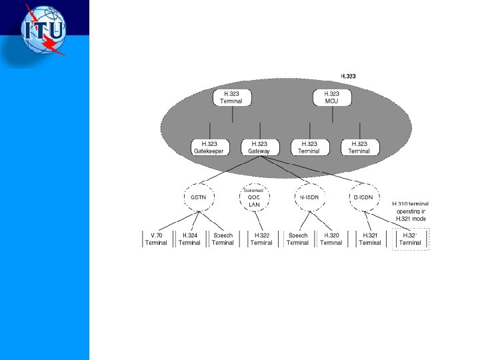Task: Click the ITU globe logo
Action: coord(45,31)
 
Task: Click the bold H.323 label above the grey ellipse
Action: coord(348,76)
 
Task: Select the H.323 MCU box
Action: coord(332,98)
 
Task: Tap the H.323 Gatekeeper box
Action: coord(210,147)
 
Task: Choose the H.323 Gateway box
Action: coord(259,147)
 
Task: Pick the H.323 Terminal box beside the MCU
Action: coord(232,98)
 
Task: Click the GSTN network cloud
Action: coord(199,197)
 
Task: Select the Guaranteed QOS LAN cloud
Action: coord(254,197)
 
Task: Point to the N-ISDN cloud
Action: coord(309,197)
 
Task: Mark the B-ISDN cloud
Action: coord(364,197)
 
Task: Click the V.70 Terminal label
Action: coord(156,239)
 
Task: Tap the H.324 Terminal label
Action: coord(189,239)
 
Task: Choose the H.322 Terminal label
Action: coord(261,239)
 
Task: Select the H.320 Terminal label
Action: coord(331,239)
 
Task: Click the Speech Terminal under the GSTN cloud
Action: coord(223,239)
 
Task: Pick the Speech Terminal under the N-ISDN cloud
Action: coord(297,239)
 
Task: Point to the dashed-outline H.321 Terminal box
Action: coord(410,239)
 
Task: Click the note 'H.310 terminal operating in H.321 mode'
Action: coord(410,211)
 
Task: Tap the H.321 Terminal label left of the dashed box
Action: coord(370,239)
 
